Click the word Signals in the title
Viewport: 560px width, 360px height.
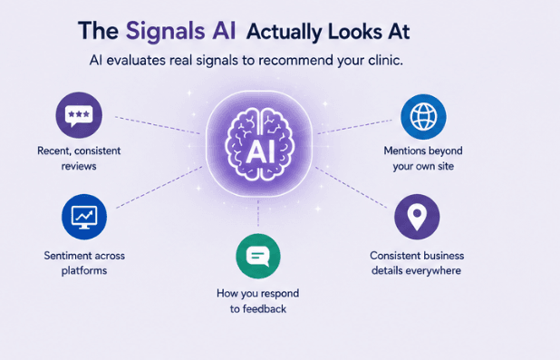(165, 31)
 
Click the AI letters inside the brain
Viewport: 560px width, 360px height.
(260, 151)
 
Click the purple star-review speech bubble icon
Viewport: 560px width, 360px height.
(79, 115)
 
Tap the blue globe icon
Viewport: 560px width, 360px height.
(423, 117)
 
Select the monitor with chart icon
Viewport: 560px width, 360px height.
(84, 217)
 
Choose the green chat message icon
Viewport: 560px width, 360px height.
(258, 256)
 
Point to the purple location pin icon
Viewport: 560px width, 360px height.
(417, 217)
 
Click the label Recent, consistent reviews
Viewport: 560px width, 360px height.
(79, 158)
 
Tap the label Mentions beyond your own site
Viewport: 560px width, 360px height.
(423, 158)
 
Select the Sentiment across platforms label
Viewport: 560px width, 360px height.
(84, 263)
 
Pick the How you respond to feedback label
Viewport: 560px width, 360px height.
(258, 301)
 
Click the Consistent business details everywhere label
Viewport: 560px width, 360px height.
(417, 263)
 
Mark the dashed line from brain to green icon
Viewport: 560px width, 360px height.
(258, 213)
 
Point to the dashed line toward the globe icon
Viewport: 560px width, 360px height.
(354, 127)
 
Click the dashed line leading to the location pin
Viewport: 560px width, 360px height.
(351, 187)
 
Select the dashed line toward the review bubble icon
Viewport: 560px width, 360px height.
(157, 125)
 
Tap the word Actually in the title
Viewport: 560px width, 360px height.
(285, 33)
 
